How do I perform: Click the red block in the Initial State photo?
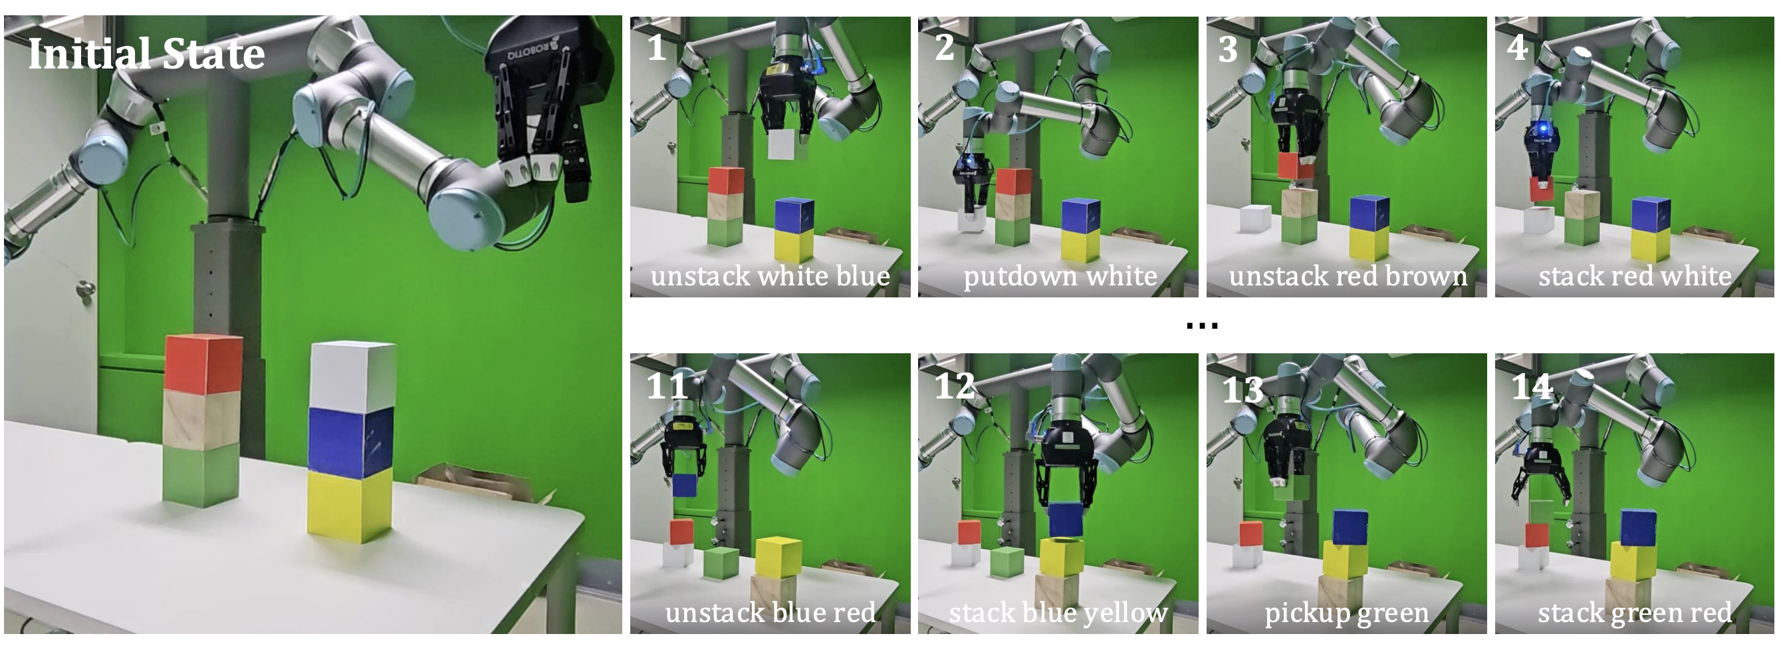pyautogui.click(x=204, y=364)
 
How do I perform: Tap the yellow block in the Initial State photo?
pyautogui.click(x=350, y=505)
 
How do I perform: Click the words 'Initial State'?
pyautogui.click(x=146, y=54)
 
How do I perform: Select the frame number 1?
pyautogui.click(x=656, y=48)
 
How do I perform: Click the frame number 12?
pyautogui.click(x=955, y=386)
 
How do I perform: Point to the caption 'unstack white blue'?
pyautogui.click(x=771, y=276)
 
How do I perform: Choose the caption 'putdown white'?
pyautogui.click(x=1060, y=276)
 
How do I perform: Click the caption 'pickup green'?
pyautogui.click(x=1346, y=613)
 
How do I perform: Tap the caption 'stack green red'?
pyautogui.click(x=1635, y=613)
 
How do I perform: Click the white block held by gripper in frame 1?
pyautogui.click(x=786, y=144)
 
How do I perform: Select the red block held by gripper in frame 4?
pyautogui.click(x=1542, y=189)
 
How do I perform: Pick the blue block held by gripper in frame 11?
pyautogui.click(x=685, y=485)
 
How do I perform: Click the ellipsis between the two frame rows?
pyautogui.click(x=1201, y=326)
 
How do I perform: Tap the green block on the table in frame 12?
pyautogui.click(x=1007, y=563)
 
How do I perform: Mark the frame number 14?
pyautogui.click(x=1532, y=386)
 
